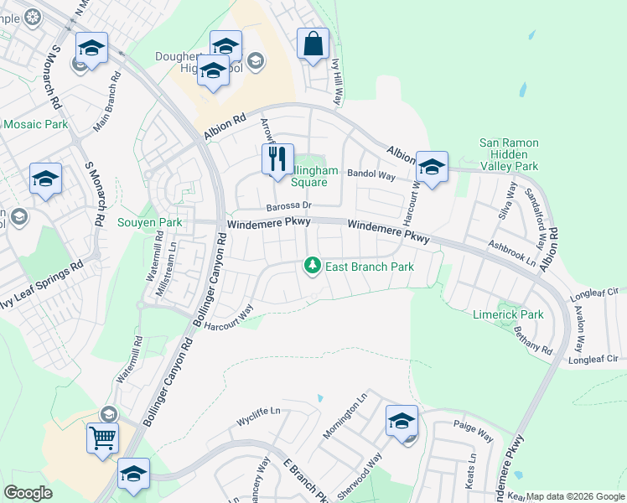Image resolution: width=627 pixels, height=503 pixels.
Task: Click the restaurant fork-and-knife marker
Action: [278, 159]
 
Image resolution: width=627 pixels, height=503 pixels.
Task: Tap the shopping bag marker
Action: [313, 44]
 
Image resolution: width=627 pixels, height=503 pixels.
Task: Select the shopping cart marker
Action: [102, 437]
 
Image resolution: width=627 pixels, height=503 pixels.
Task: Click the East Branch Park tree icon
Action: [312, 266]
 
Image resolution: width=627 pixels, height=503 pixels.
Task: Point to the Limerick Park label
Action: [509, 314]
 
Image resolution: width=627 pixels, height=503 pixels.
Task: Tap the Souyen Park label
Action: [149, 223]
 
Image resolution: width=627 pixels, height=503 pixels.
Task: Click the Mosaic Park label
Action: [35, 124]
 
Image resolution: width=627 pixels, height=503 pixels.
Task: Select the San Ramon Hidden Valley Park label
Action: [508, 155]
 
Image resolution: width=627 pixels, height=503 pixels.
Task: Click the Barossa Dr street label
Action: [288, 205]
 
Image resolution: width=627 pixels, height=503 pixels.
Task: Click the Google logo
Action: [28, 492]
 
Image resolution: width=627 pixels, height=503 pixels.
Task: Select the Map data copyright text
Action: [573, 496]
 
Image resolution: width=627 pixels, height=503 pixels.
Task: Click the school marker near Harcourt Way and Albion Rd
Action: [432, 166]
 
